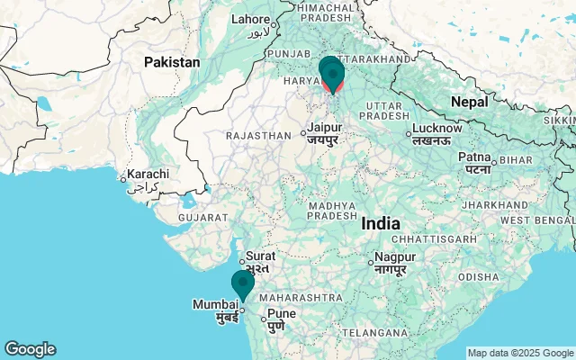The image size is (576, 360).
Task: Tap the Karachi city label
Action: coord(148,174)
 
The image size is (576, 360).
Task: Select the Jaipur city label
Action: coord(324,128)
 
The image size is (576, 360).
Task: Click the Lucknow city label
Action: coord(436,129)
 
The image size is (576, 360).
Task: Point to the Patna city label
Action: coord(474,157)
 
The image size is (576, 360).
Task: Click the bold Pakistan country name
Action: coord(173,63)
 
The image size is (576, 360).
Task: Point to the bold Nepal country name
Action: coord(469,102)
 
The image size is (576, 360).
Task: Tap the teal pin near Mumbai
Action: coord(242,284)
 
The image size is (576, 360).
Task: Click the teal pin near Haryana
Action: coord(331,72)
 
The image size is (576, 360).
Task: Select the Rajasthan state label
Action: coord(259,135)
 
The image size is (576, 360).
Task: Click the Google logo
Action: coord(30,349)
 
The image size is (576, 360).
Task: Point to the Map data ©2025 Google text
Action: coord(520,353)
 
